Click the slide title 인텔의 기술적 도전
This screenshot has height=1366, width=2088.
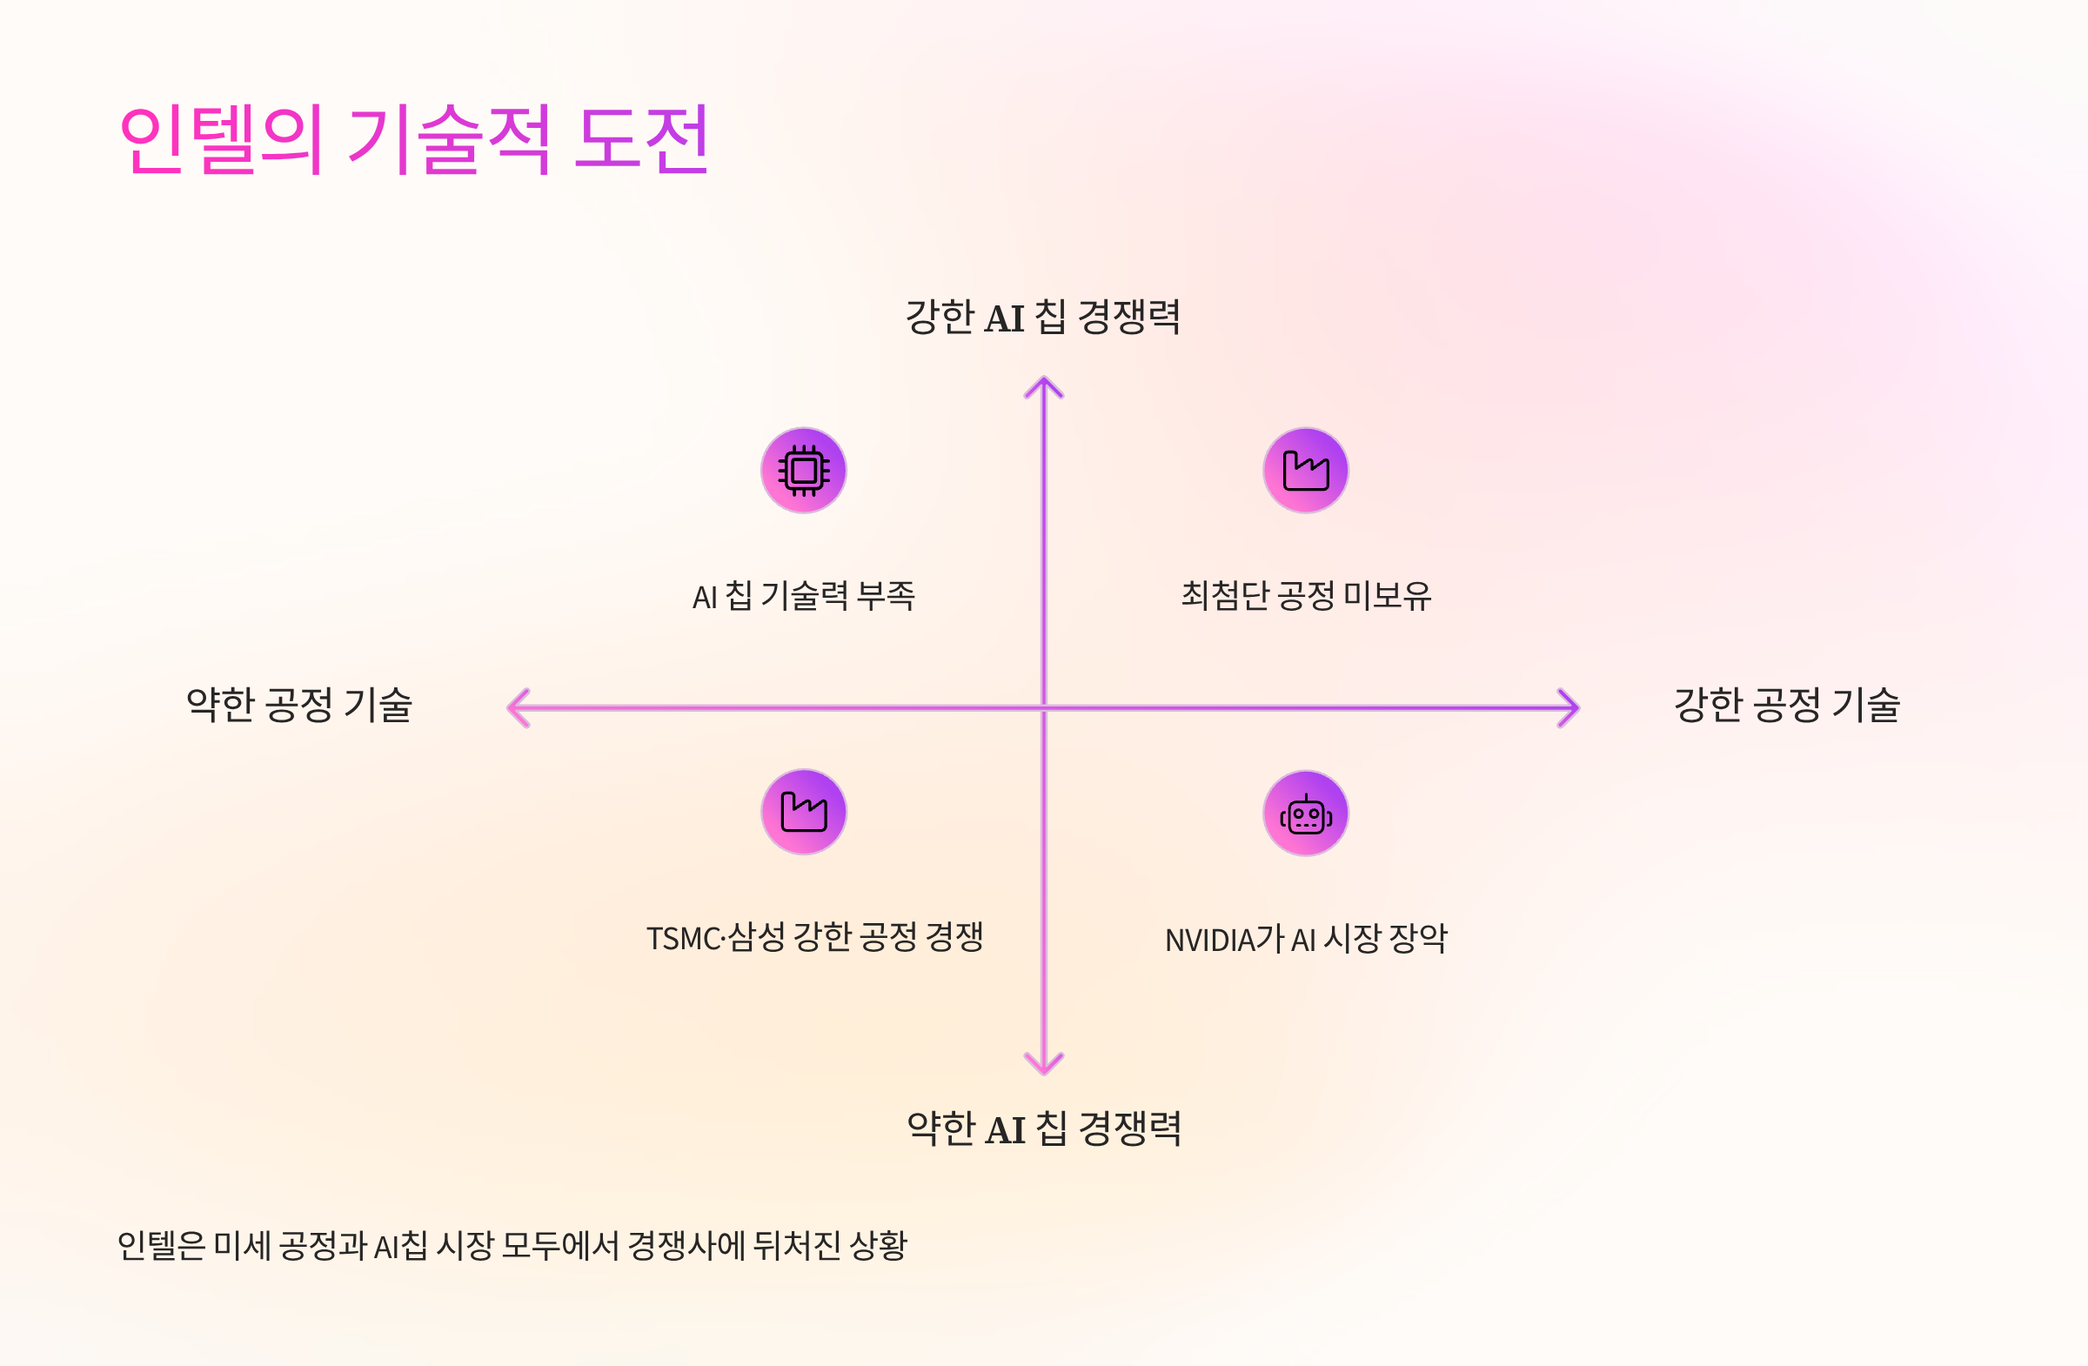[x=413, y=138]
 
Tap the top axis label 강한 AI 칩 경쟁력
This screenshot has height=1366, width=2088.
[x=1043, y=317]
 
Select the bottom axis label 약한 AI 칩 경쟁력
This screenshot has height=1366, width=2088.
[x=1044, y=1128]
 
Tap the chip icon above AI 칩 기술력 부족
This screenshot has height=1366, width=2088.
[x=804, y=470]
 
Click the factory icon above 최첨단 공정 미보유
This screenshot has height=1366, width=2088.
[x=1306, y=470]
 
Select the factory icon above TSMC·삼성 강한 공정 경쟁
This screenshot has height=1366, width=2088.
[x=804, y=812]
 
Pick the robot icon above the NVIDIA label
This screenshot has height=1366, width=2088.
[x=1306, y=814]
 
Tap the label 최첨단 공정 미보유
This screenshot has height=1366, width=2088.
[x=1306, y=596]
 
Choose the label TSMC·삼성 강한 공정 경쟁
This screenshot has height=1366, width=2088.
[x=815, y=938]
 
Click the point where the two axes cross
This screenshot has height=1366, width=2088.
[x=1044, y=708]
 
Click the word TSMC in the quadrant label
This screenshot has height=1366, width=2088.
[x=683, y=939]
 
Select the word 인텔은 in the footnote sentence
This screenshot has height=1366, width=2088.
[x=161, y=1246]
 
